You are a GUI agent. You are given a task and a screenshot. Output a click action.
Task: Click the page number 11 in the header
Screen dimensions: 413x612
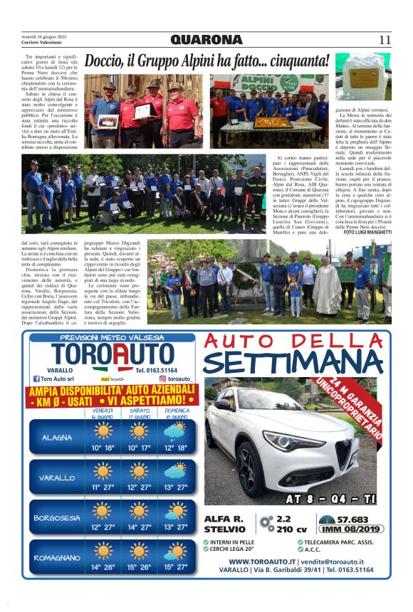click(x=385, y=40)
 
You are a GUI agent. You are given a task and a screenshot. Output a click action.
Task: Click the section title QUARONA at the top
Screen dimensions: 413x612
click(x=206, y=40)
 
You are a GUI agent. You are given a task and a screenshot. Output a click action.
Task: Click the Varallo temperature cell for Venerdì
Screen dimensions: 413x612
click(x=103, y=487)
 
